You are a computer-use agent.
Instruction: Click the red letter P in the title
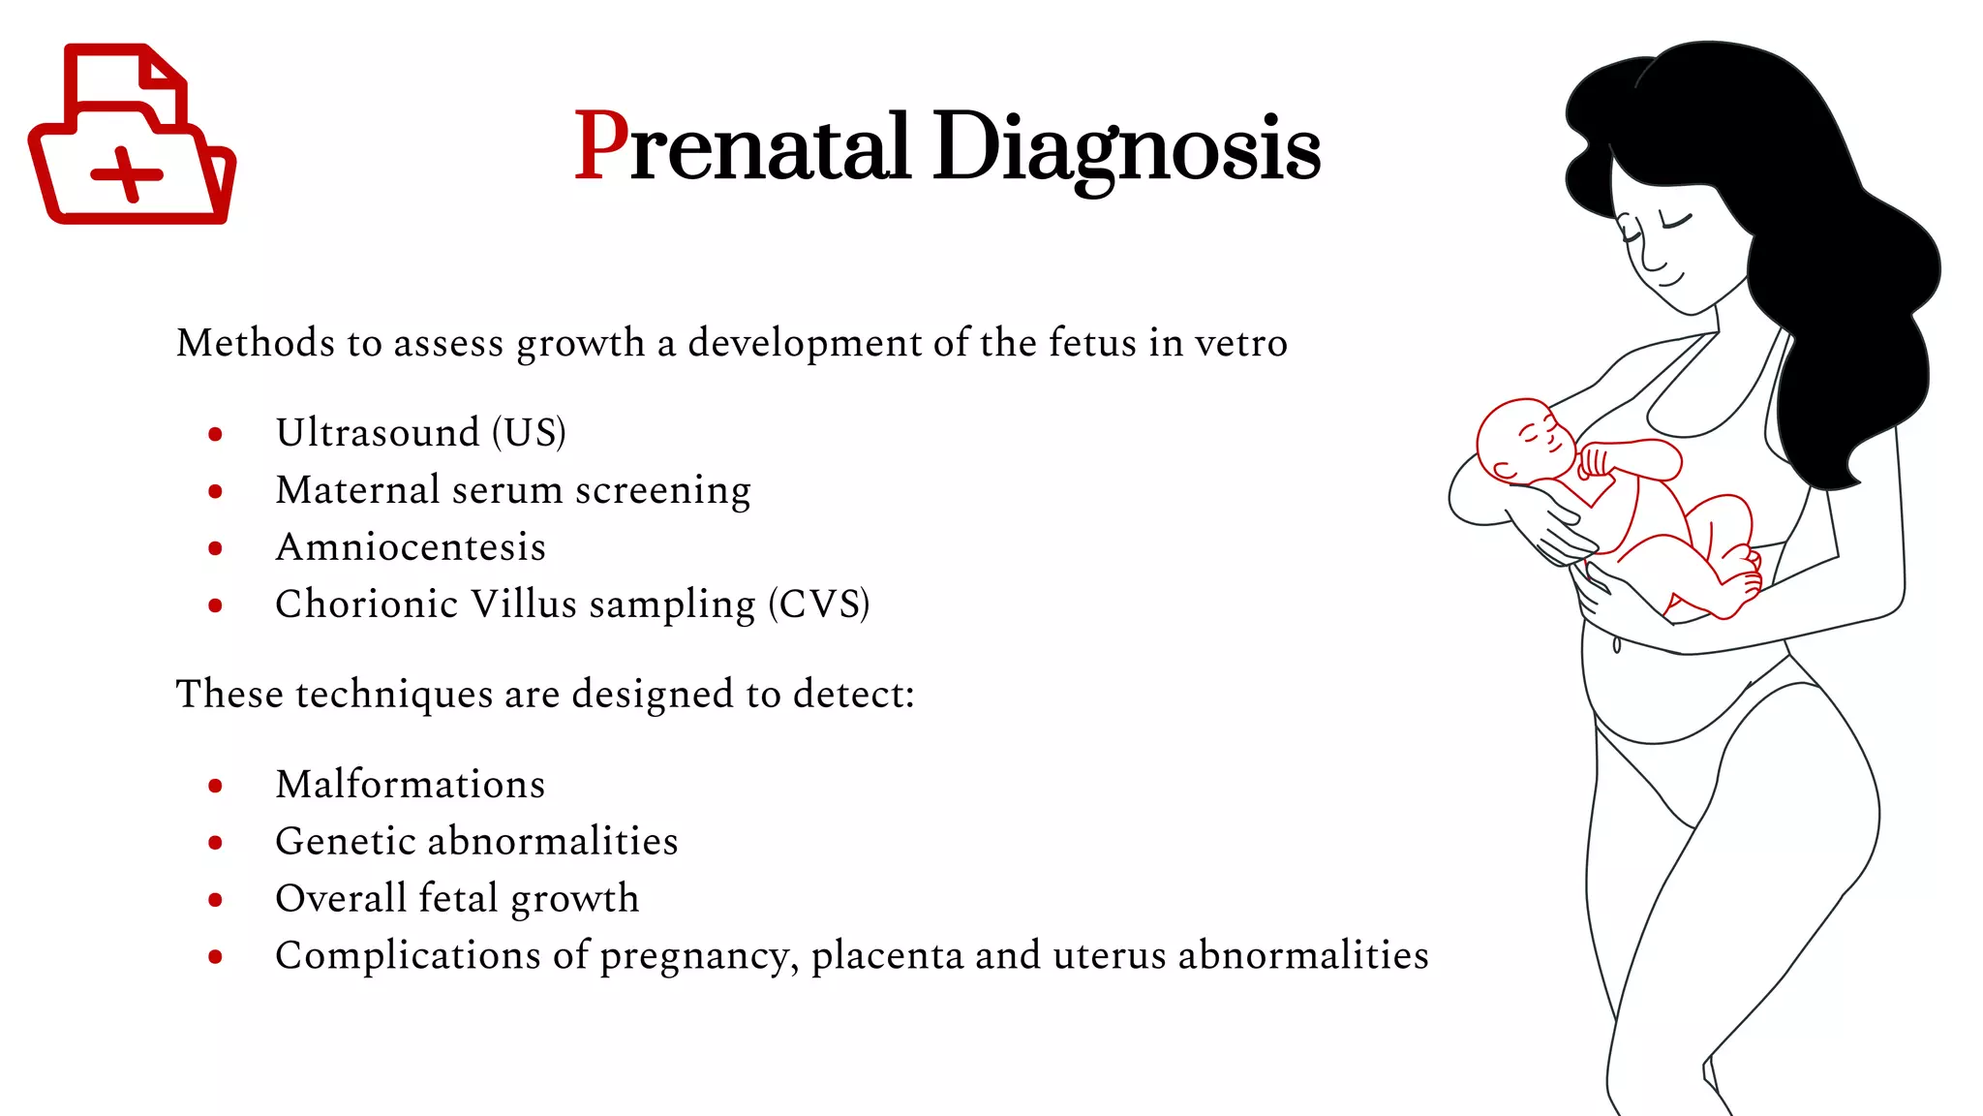coord(601,146)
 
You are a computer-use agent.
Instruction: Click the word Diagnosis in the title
coord(1126,148)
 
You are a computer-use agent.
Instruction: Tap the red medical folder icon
coord(132,136)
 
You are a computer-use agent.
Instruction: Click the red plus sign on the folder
coord(127,174)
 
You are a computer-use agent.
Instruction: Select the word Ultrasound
coord(378,432)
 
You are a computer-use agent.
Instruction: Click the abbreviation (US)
coord(529,432)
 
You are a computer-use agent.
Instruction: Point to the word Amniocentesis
coord(411,547)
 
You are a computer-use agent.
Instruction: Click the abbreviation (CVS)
coord(819,604)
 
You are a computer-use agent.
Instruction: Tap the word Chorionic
coord(366,604)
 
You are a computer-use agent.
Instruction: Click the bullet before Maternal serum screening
coord(215,492)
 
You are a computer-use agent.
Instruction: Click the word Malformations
coord(411,784)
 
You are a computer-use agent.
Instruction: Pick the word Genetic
coord(344,841)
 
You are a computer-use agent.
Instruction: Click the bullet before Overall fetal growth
coord(215,900)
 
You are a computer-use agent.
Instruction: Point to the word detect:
coord(853,695)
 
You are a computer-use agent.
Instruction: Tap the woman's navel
coord(1616,645)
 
